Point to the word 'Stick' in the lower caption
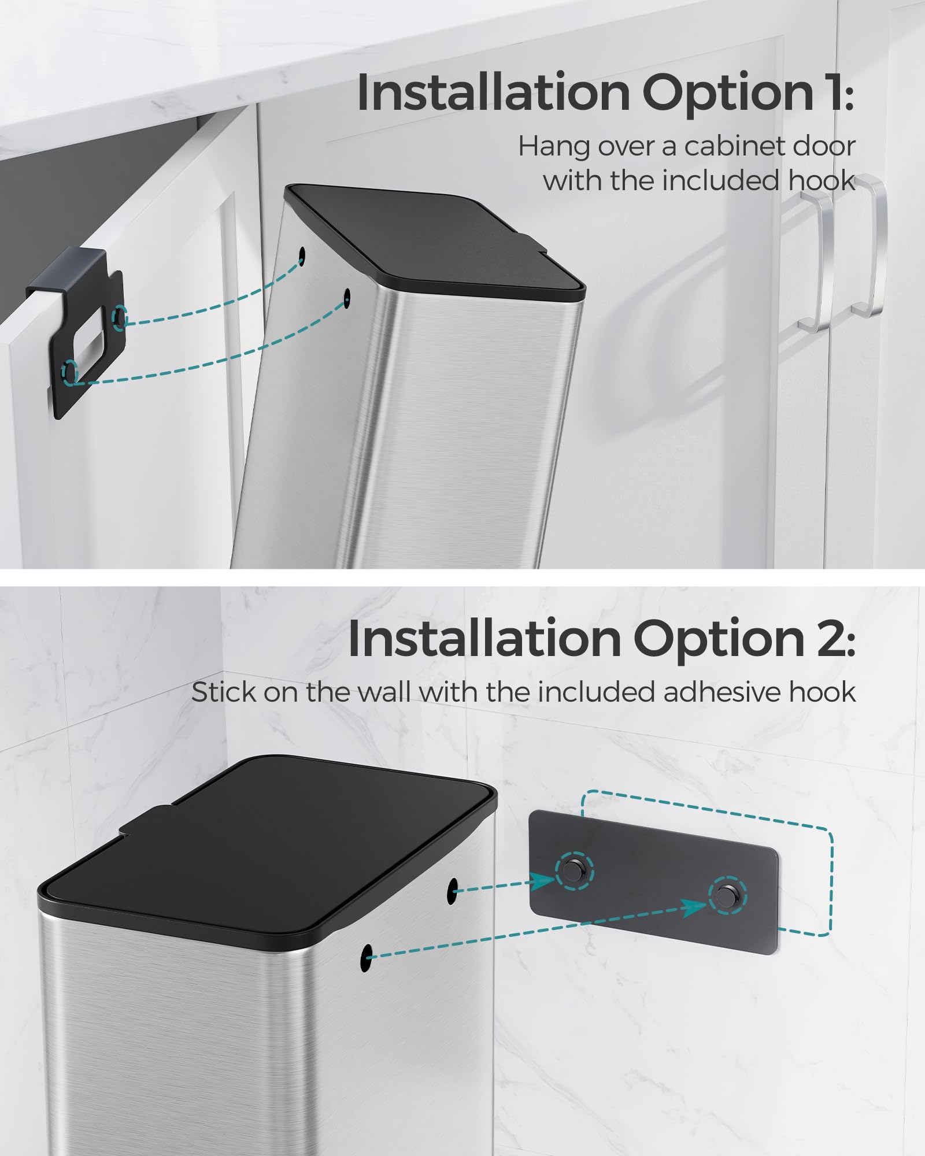coord(221,692)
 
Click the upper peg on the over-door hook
coord(120,316)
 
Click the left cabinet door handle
coord(816,262)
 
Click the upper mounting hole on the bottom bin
coord(452,890)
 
